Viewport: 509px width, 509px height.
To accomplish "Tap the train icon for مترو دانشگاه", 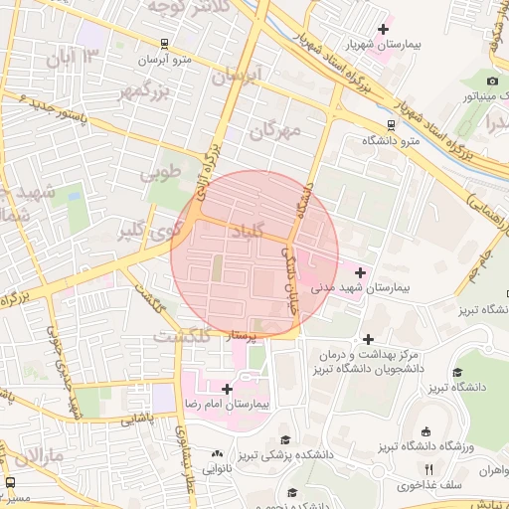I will tap(391, 125).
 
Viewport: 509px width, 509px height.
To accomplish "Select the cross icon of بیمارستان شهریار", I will tap(383, 29).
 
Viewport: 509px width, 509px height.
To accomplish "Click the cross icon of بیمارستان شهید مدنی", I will tap(359, 272).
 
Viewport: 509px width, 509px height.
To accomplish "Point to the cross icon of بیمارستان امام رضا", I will tap(228, 389).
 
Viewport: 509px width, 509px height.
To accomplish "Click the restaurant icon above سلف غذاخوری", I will tap(428, 469).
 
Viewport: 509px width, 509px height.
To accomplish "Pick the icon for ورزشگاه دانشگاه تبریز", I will tap(426, 430).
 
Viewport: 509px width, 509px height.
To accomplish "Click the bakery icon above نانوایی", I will tap(217, 453).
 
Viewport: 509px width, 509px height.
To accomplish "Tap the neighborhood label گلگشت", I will tap(181, 337).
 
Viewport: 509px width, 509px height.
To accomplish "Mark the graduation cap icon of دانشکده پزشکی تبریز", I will tap(285, 438).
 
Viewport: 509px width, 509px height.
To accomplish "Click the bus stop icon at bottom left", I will tap(10, 482).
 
